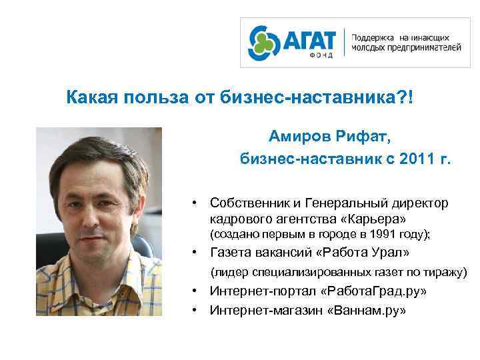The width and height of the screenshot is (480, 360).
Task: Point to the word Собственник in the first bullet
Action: click(248, 203)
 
